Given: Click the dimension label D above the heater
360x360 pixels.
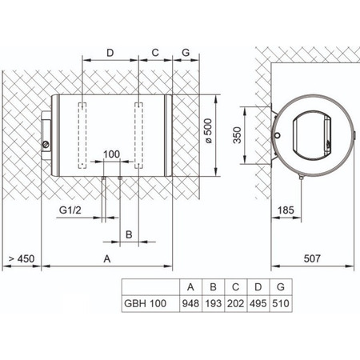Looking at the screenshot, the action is [x=110, y=53].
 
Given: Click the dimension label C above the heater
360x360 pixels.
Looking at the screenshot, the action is [x=155, y=53].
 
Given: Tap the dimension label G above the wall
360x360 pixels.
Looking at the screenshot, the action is [x=186, y=53].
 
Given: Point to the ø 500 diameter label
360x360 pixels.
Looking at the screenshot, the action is [x=209, y=131].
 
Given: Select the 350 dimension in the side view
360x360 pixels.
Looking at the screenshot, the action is [x=237, y=135].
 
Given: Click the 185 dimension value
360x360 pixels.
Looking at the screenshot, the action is [x=286, y=210].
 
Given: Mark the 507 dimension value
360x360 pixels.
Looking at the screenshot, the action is [x=312, y=258].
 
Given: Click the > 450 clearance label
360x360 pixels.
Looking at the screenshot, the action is [x=22, y=258].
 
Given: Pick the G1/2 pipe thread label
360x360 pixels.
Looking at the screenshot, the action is [x=70, y=210].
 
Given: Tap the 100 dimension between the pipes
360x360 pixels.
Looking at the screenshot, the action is [x=111, y=154].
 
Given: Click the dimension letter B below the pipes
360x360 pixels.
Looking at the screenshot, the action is [x=129, y=234].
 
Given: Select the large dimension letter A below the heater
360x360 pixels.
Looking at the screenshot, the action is [x=107, y=258].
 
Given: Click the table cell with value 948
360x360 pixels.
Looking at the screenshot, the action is [x=190, y=303].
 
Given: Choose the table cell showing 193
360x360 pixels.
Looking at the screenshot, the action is [x=214, y=303].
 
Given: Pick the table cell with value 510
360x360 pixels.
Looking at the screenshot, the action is [x=281, y=303].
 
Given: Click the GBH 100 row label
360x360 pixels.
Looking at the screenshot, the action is [x=146, y=303].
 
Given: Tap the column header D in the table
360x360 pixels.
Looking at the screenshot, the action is [x=258, y=287].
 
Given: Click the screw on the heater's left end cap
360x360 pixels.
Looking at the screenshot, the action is [x=46, y=145].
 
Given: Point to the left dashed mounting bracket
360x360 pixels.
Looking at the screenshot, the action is [x=82, y=135].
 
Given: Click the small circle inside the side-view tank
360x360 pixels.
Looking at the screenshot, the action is [x=278, y=136].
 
